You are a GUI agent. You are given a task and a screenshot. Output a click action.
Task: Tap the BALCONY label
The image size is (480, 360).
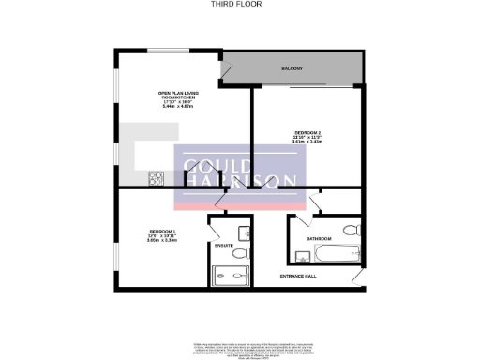(292, 69)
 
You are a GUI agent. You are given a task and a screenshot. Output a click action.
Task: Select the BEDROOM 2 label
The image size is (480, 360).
(308, 134)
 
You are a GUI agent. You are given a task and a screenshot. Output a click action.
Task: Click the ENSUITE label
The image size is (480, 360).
(223, 245)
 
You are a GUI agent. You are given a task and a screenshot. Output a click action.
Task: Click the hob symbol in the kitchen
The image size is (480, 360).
(157, 177)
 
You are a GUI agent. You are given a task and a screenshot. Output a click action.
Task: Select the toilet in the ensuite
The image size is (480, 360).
(240, 254)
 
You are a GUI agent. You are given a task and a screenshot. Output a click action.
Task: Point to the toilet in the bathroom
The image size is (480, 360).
(352, 231)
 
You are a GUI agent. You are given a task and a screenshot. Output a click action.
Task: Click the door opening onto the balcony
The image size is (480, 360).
(225, 70)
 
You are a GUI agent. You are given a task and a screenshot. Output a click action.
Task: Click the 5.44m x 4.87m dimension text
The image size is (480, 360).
(176, 107)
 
